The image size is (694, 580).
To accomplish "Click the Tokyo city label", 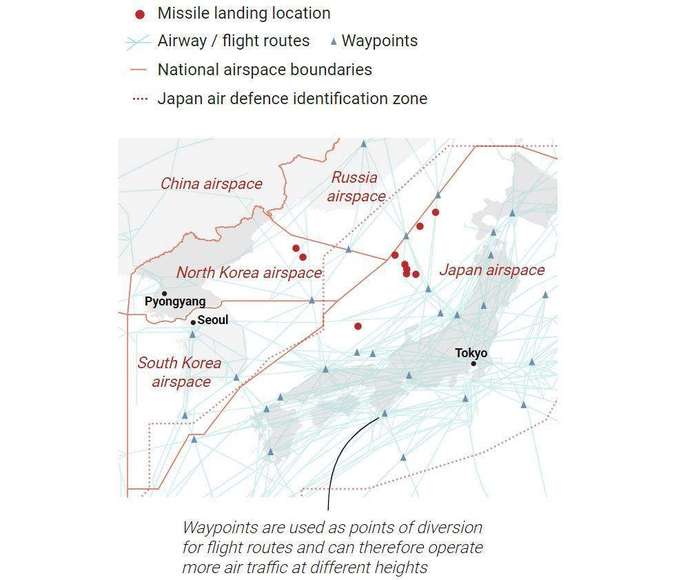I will point(471,353).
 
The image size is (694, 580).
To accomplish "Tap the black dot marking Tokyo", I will point(473,363).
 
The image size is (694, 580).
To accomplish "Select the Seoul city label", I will point(212,320).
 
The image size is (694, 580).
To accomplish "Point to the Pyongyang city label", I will point(175,301).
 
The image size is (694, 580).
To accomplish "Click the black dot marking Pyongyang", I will point(164,294).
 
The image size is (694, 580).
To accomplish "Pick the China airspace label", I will point(211,183).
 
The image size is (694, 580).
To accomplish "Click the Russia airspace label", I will point(356,187).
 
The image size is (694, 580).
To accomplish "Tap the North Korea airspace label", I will point(249,272).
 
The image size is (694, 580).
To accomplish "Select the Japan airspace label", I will point(491,270).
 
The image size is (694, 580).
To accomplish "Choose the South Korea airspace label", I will point(179,372).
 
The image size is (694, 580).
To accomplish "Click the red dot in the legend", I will point(140,14).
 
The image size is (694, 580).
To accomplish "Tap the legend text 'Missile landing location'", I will point(244,13).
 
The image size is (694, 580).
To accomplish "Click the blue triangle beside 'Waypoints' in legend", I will point(334,41).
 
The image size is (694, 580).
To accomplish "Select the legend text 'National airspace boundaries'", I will point(265,70).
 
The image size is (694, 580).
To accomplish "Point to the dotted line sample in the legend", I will point(139,99).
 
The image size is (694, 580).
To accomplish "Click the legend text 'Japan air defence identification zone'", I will point(292,99).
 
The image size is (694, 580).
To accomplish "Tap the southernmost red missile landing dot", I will point(358,326).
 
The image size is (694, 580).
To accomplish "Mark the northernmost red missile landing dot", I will point(436,212).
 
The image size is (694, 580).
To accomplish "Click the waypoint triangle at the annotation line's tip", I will point(385,414).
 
